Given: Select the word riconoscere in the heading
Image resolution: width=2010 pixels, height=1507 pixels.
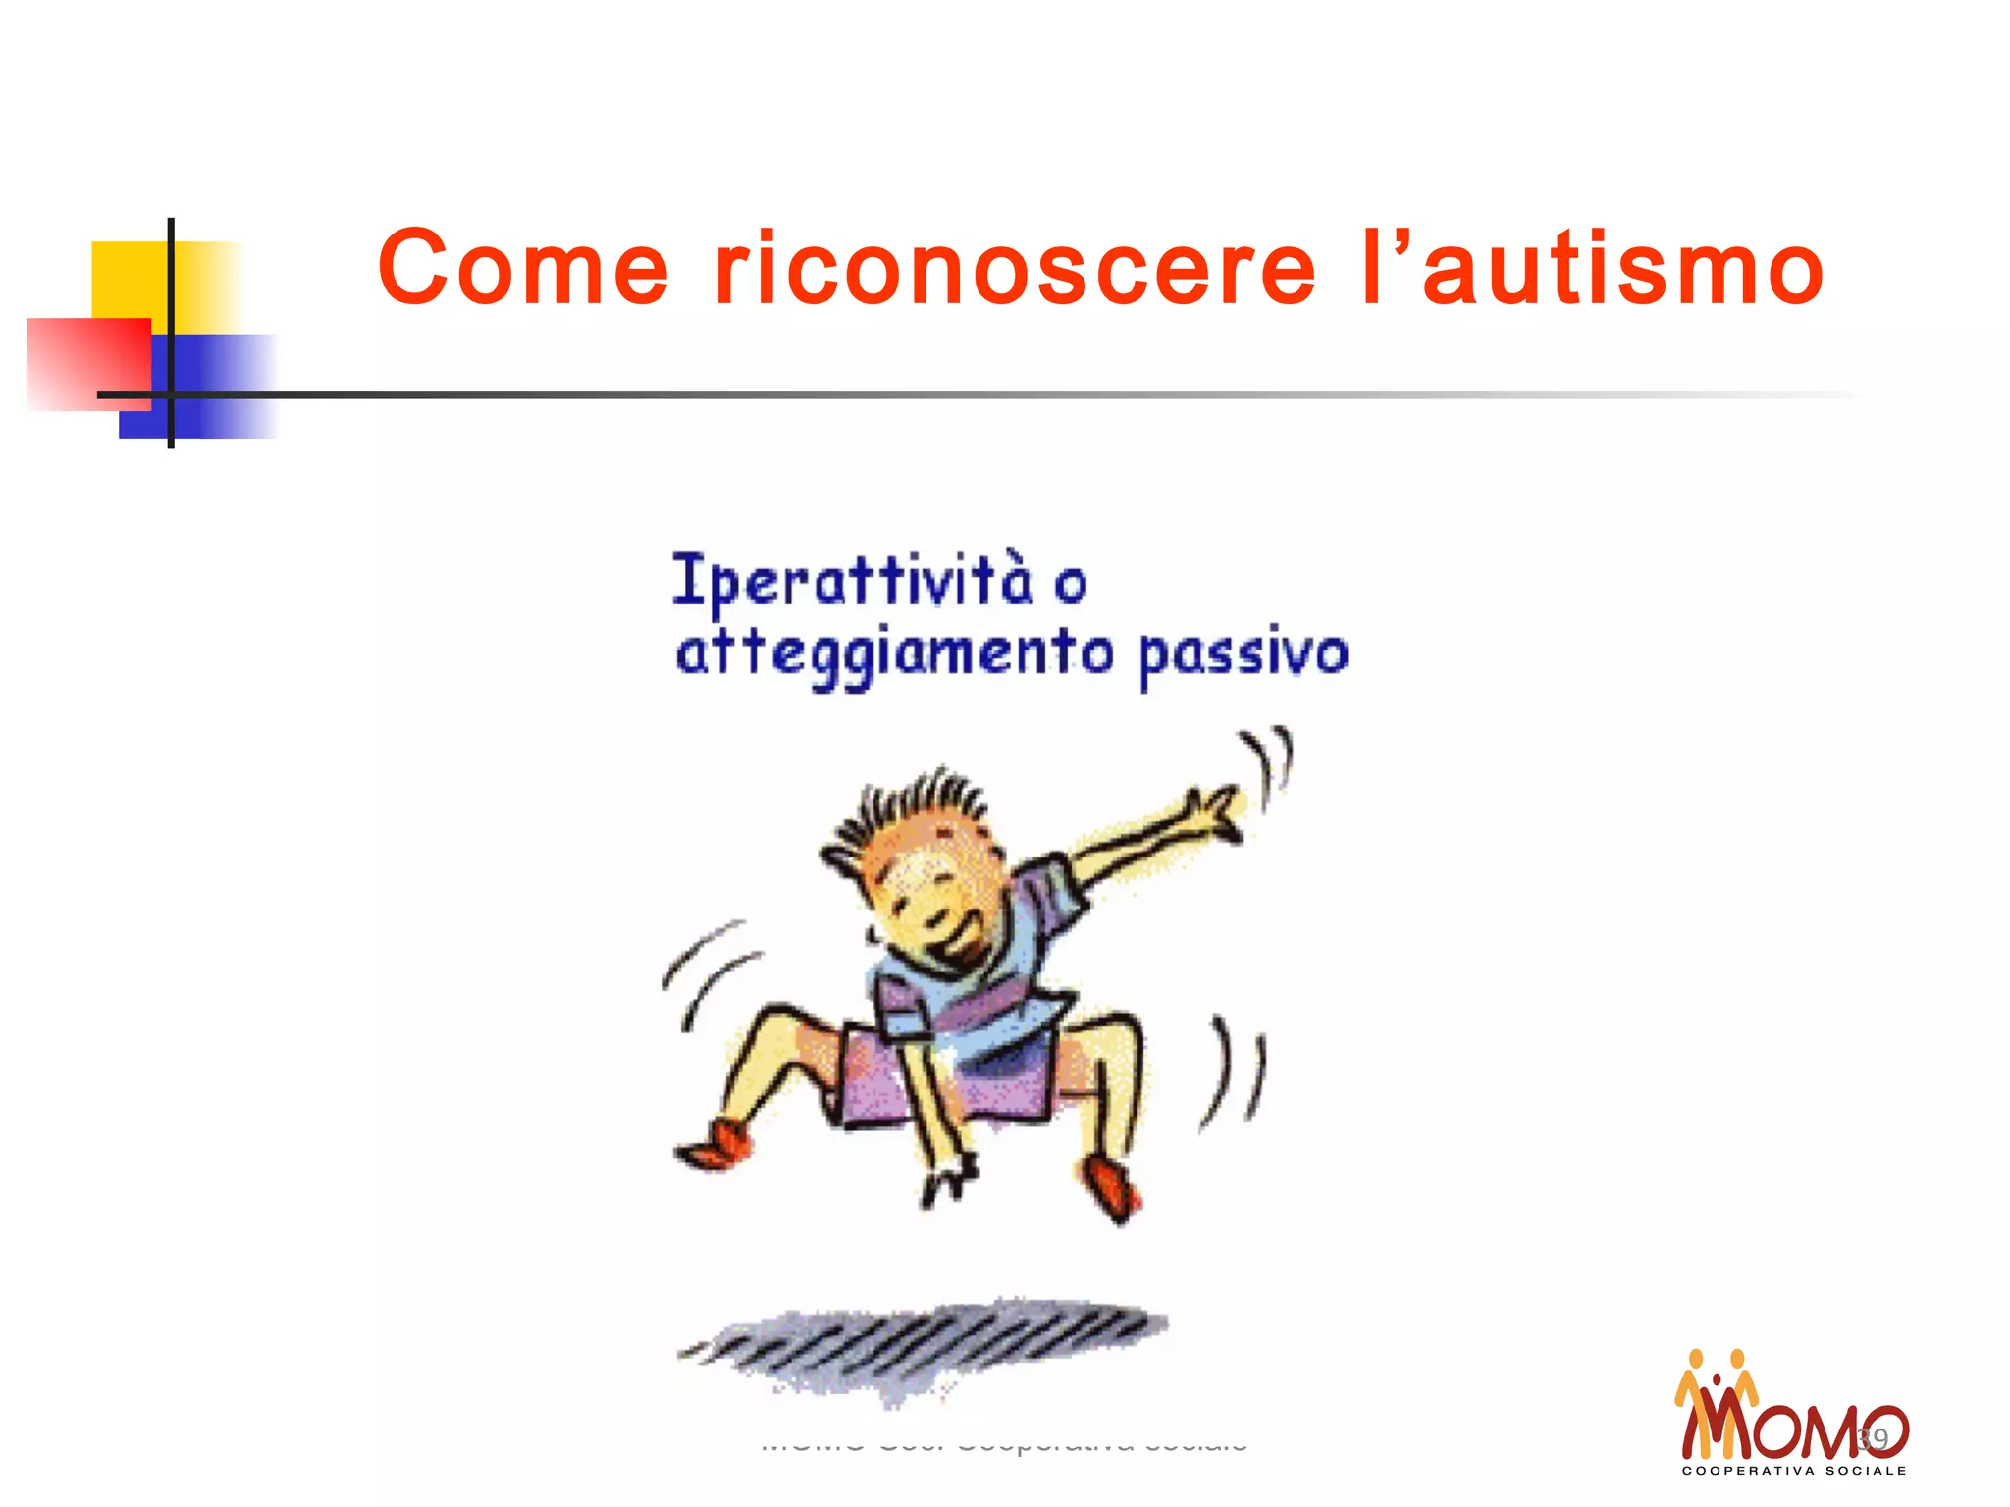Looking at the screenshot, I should click(x=1015, y=268).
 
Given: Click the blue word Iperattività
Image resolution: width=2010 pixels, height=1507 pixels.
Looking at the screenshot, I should click(x=852, y=581).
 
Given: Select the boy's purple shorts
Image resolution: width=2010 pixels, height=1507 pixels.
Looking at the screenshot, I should click(x=942, y=1079).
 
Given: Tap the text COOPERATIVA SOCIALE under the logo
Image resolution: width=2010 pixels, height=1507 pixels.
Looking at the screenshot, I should click(x=1794, y=1471).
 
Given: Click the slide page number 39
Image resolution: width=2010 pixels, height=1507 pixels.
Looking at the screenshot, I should click(x=1874, y=1439).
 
